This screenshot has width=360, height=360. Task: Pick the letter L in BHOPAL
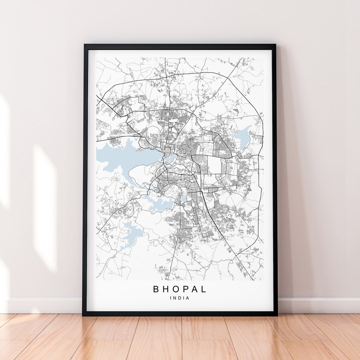pyautogui.click(x=204, y=289)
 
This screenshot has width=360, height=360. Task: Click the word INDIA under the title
pyautogui.click(x=180, y=298)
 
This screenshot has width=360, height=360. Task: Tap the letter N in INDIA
pyautogui.click(x=175, y=298)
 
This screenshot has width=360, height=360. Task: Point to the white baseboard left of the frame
pyautogui.click(x=43, y=305)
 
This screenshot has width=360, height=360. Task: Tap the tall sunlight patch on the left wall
pyautogui.click(x=45, y=207)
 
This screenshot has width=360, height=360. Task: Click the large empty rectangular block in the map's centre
pyautogui.click(x=214, y=165)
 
